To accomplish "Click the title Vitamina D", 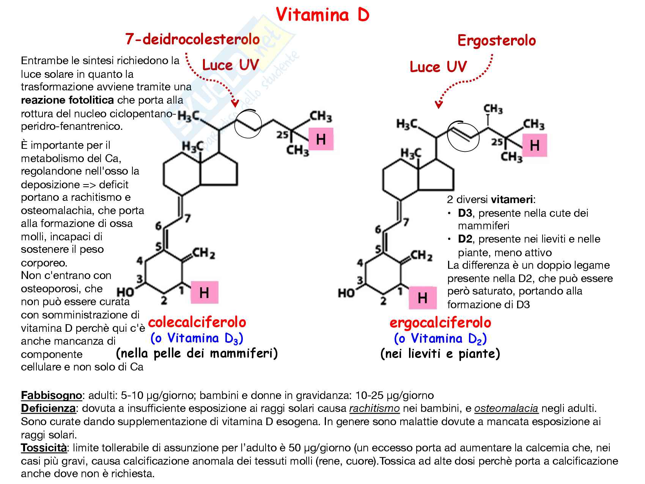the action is click(x=322, y=15).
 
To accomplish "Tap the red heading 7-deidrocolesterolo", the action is click(x=193, y=39).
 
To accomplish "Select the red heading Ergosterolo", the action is click(x=497, y=40).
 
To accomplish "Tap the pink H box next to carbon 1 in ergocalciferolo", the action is click(x=423, y=298).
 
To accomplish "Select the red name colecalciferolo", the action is click(x=197, y=322).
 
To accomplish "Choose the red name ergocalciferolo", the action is click(x=440, y=323).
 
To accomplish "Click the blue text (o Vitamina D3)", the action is click(x=197, y=338).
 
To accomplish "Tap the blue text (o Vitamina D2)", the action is click(x=440, y=339).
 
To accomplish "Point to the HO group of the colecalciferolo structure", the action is click(x=125, y=292).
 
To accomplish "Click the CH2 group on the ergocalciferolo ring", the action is click(x=421, y=256).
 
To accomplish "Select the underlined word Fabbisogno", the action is click(x=51, y=396).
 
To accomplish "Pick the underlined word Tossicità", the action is click(x=44, y=448).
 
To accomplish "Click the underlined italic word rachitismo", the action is click(x=374, y=408).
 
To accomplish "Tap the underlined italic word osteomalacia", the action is click(x=506, y=408).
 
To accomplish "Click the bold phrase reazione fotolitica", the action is click(x=67, y=100).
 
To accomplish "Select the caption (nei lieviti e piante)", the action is click(x=440, y=354).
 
